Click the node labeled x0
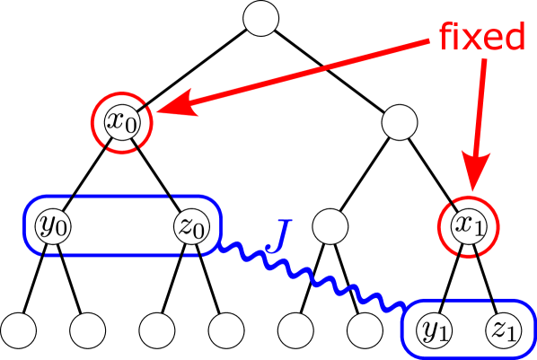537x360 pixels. [123, 121]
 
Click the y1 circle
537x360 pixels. [434, 329]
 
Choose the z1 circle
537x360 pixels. [501, 329]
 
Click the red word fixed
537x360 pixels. [481, 37]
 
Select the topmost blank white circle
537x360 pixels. [261, 19]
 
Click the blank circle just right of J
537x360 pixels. [330, 226]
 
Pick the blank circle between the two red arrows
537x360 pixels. [399, 122]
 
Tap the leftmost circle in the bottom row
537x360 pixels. [19, 329]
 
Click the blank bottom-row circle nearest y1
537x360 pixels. [365, 329]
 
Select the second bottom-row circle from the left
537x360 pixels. [88, 329]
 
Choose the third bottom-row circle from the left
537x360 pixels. [157, 329]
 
